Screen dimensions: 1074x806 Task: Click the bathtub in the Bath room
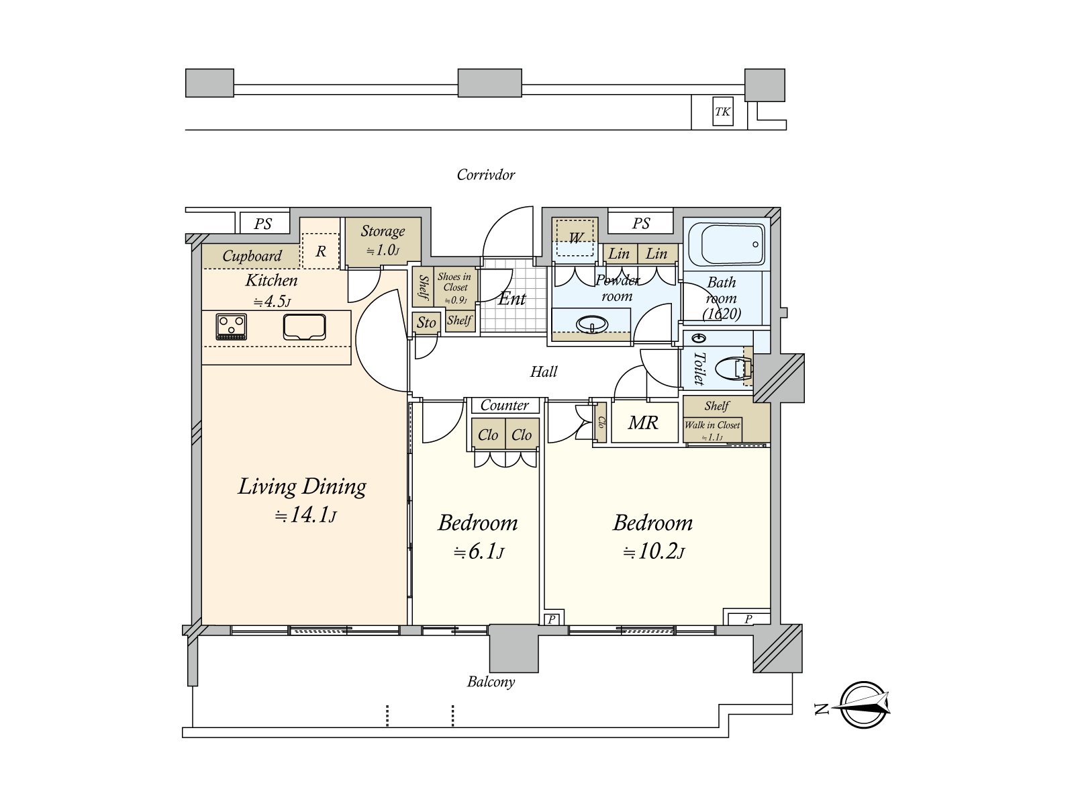pos(726,244)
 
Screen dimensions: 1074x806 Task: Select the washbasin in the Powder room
pos(592,324)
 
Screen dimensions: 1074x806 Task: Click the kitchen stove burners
pos(231,326)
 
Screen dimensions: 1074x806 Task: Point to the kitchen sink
pos(304,326)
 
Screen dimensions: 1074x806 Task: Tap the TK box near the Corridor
pos(723,111)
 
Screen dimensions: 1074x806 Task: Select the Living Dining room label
pos(302,486)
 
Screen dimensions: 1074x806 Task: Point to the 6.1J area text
pos(479,552)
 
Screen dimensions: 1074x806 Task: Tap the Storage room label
pos(383,231)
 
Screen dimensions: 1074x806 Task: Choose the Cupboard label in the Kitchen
pos(252,255)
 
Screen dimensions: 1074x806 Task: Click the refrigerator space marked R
pos(320,251)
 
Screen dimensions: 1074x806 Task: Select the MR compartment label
pos(643,422)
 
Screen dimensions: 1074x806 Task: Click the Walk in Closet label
pos(712,424)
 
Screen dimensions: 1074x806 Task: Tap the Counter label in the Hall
pos(505,405)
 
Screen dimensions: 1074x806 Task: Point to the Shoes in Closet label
pos(454,282)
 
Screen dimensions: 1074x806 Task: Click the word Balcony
pos(491,682)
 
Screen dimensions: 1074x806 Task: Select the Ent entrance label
pos(511,298)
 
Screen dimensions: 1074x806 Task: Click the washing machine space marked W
pos(575,237)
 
